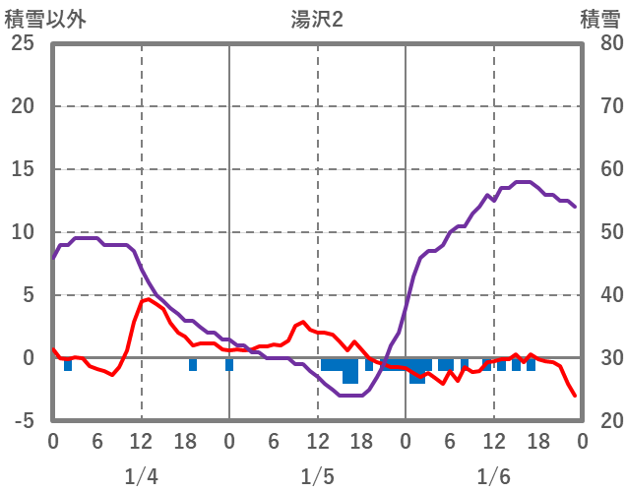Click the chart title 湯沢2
[317, 19]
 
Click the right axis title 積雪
[599, 19]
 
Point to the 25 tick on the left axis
[24, 43]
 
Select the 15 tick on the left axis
[24, 169]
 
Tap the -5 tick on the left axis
[24, 421]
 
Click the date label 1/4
[141, 477]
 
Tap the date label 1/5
[317, 477]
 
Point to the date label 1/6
[493, 477]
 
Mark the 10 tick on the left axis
[24, 232]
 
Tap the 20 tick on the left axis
[24, 106]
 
